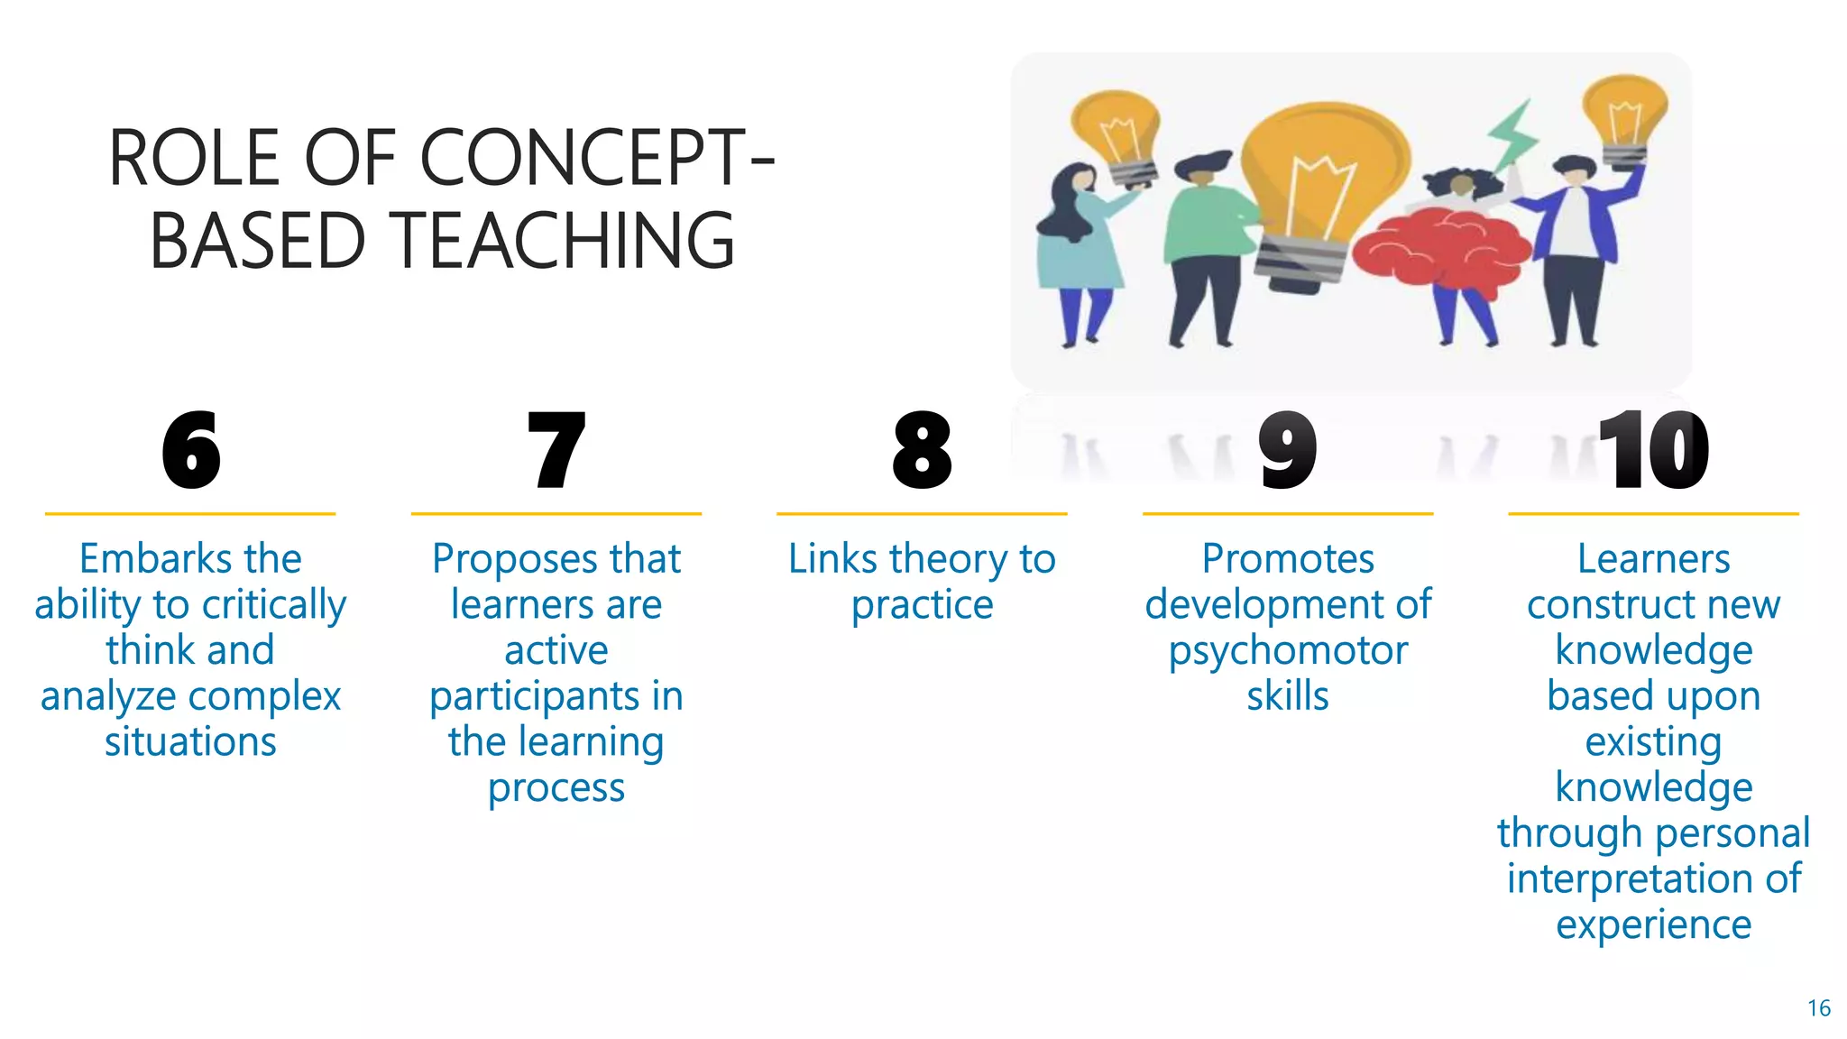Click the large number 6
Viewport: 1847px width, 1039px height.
tap(191, 450)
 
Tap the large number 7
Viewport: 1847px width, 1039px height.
tap(556, 450)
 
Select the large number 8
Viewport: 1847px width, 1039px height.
tap(922, 450)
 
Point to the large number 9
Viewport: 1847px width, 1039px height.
tap(1288, 450)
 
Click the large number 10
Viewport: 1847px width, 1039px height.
tap(1653, 450)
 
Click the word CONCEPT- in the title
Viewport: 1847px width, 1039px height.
tap(596, 159)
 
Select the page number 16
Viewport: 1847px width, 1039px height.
tap(1818, 1008)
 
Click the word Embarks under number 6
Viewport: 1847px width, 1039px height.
tap(144, 559)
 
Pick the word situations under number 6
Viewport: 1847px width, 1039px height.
tap(190, 742)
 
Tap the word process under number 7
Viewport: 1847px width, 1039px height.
tap(556, 788)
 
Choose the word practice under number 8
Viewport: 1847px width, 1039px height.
tap(922, 605)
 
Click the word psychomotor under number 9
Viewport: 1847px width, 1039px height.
tap(1288, 651)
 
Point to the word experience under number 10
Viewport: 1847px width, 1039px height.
tap(1653, 925)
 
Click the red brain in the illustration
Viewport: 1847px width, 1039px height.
tap(1443, 248)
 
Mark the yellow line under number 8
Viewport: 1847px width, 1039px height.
tap(922, 514)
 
